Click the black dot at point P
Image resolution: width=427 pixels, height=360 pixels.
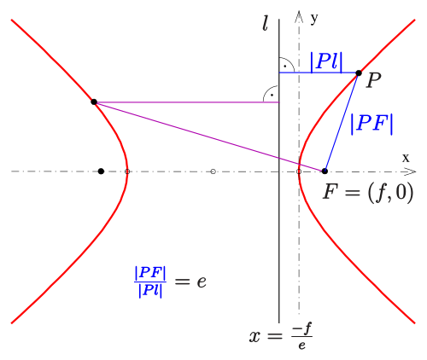coord(359,73)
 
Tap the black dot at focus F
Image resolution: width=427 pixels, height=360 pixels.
coord(325,171)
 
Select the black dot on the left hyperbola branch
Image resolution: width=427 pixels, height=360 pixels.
coord(94,102)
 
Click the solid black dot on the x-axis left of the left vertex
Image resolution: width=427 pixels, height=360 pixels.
coord(101,171)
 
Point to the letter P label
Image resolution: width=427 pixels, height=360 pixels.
coord(373,80)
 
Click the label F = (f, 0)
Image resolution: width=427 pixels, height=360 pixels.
coord(368,193)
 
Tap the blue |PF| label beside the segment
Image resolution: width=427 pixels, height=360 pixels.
coord(371,124)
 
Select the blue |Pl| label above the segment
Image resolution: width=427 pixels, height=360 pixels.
coord(326,61)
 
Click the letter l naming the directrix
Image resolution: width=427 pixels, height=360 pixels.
coord(265,25)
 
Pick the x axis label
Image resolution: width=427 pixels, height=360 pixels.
coord(406,158)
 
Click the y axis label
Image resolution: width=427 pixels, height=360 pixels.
coord(314,19)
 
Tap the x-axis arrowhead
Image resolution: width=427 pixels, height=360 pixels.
coord(410,171)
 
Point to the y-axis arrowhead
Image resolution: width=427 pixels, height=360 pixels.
coord(299,16)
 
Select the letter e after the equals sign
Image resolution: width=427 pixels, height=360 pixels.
coord(202,282)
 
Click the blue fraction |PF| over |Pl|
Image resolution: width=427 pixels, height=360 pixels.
coord(150,282)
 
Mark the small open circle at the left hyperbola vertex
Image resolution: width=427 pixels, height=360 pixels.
coord(127,171)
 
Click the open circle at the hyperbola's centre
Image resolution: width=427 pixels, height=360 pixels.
coord(213,171)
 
